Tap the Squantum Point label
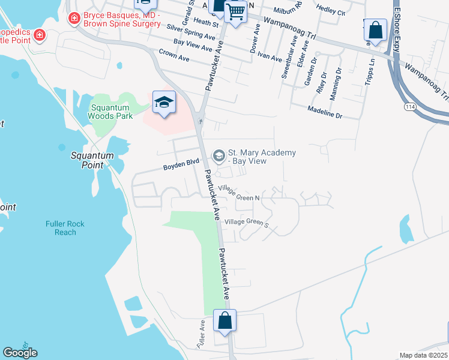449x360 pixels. pyautogui.click(x=92, y=160)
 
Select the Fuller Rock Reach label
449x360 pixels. pyautogui.click(x=65, y=228)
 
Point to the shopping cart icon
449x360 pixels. pyautogui.click(x=235, y=11)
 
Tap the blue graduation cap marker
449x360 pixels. pyautogui.click(x=163, y=102)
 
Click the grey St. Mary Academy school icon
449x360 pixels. pyautogui.click(x=218, y=157)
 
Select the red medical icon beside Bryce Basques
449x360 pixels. pyautogui.click(x=74, y=19)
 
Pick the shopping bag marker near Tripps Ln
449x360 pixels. pyautogui.click(x=375, y=30)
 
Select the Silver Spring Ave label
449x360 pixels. pyautogui.click(x=191, y=32)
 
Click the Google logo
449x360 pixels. pyautogui.click(x=20, y=352)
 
